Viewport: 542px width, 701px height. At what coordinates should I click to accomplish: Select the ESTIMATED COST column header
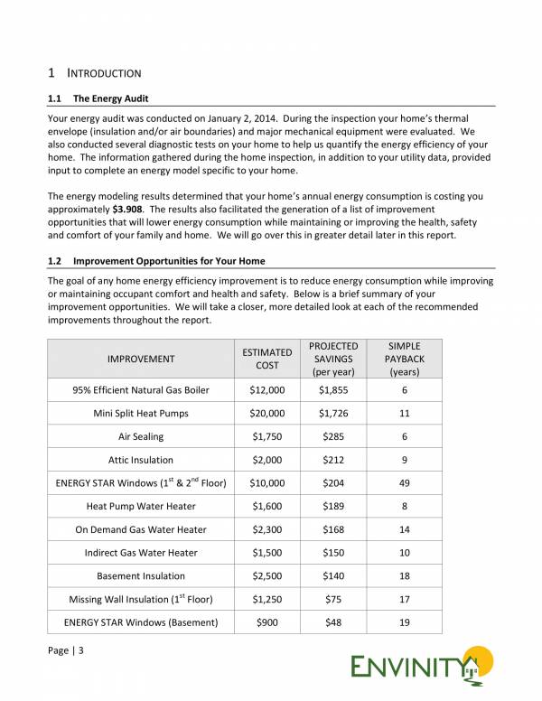266,359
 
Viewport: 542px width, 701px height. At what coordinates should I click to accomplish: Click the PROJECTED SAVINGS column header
333,359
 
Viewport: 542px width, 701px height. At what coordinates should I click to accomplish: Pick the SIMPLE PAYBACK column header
404,359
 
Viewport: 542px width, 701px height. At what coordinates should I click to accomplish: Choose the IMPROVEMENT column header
141,360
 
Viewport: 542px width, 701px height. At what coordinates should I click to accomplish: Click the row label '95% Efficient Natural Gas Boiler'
141,390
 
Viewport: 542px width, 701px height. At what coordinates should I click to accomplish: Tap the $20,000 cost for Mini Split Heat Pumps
266,414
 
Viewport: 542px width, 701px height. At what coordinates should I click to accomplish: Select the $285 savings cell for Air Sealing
333,436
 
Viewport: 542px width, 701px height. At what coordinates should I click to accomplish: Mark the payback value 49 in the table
404,483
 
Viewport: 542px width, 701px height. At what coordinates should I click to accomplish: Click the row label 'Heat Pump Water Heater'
141,507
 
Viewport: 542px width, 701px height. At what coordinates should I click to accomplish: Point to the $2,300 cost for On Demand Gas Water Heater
266,529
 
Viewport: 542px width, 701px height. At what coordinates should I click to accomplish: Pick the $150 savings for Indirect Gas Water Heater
333,553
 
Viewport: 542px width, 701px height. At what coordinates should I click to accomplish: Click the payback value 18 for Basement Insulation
404,576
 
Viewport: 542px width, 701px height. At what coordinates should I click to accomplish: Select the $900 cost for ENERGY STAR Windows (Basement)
266,622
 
